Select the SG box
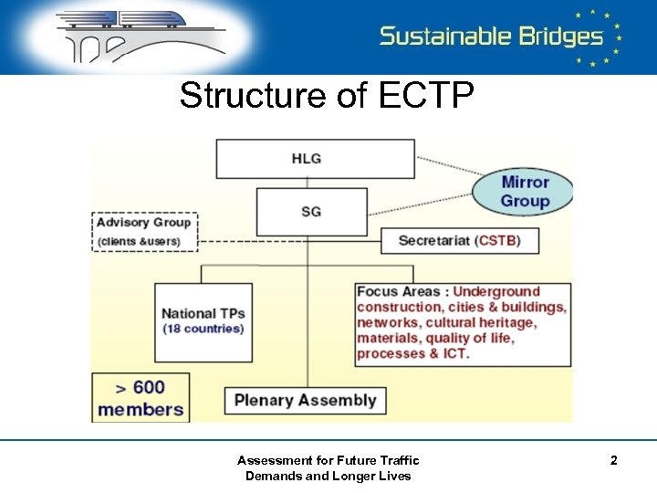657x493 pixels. click(x=311, y=212)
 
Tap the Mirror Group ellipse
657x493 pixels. click(x=525, y=191)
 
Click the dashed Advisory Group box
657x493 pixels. click(x=144, y=232)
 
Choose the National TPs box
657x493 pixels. click(x=203, y=321)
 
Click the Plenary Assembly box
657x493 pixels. click(x=305, y=400)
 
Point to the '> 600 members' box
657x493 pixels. click(x=141, y=397)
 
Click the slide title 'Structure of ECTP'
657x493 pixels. click(x=327, y=95)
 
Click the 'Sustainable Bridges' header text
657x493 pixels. click(x=491, y=37)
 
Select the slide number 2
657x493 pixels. click(x=613, y=461)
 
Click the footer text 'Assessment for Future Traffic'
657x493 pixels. click(x=328, y=460)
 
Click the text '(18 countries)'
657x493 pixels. click(x=203, y=329)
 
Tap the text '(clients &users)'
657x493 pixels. click(x=140, y=241)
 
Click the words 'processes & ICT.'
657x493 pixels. click(x=412, y=354)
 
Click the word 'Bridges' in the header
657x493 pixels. click(x=558, y=37)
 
